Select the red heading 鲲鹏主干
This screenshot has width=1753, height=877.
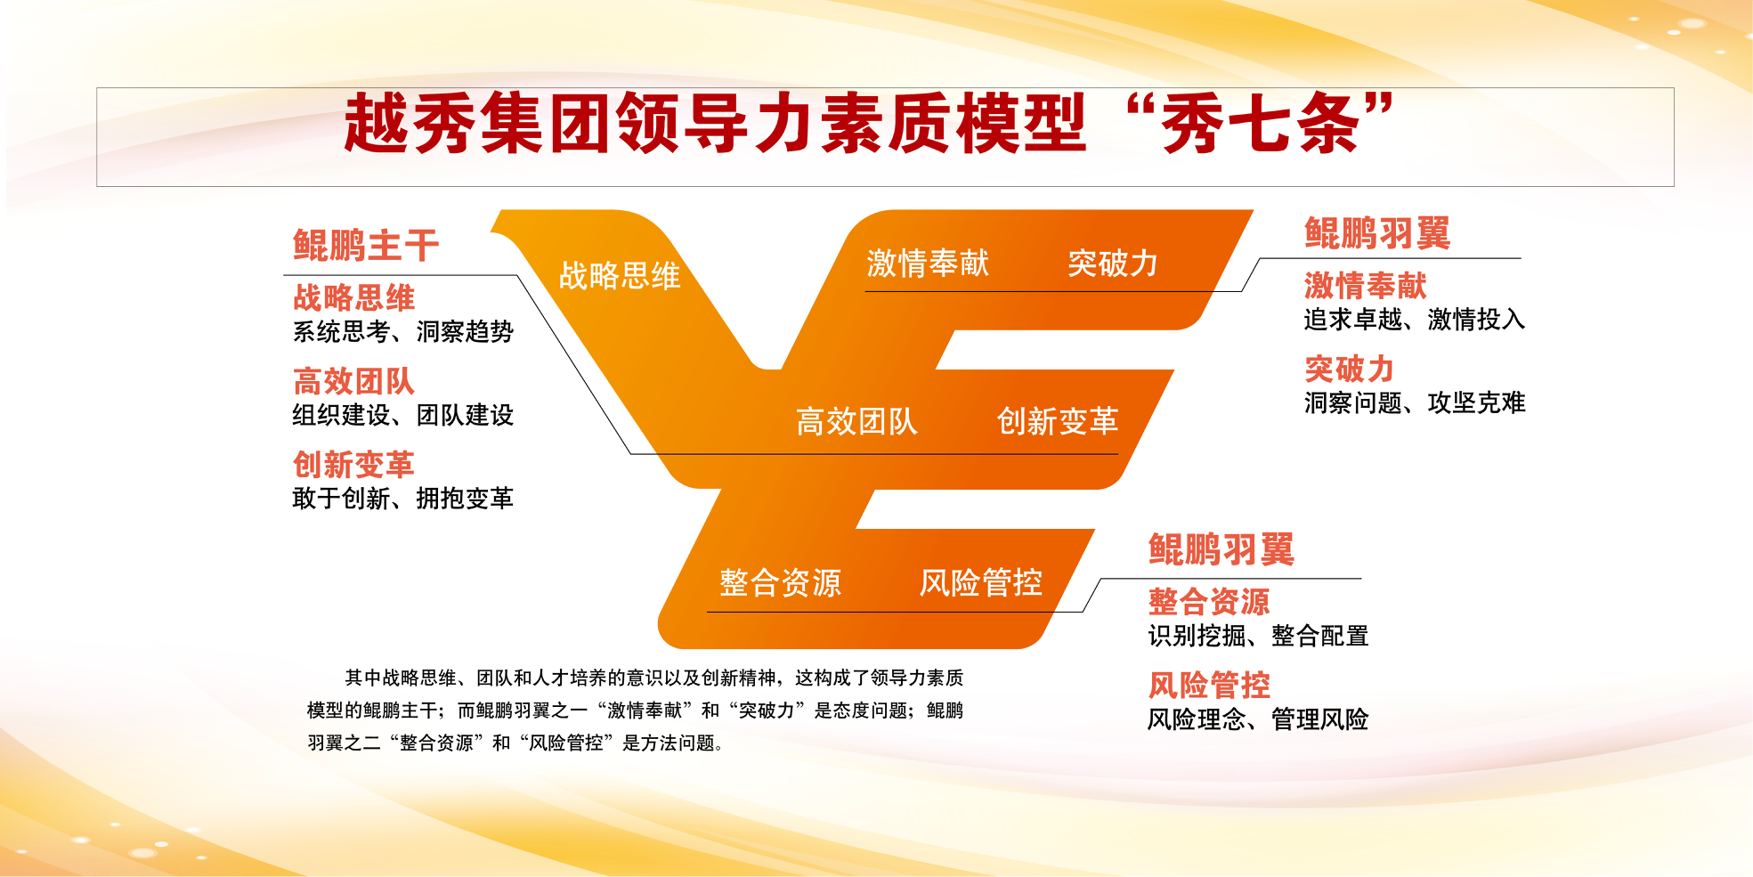point(366,246)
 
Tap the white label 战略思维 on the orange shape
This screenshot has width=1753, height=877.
point(620,276)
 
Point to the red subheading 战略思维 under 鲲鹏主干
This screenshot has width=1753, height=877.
point(354,297)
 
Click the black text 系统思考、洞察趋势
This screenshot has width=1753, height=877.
point(403,331)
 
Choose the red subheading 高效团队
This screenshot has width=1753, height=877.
point(354,381)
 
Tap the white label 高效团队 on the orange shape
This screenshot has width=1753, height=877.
point(856,421)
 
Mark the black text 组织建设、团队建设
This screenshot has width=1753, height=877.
point(403,415)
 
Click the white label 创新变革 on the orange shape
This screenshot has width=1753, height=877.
point(1058,421)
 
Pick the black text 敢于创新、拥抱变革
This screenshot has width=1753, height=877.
point(403,498)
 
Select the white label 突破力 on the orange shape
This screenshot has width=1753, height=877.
point(1113,264)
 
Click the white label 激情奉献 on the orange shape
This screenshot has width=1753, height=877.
point(928,264)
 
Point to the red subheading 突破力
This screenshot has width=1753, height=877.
point(1350,369)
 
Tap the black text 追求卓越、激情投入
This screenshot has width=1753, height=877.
point(1415,319)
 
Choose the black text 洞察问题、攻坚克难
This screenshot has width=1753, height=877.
point(1415,402)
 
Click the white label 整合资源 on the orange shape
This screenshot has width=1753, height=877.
point(780,583)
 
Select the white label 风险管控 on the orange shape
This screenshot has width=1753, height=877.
point(981,583)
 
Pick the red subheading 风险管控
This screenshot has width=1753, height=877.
point(1209,685)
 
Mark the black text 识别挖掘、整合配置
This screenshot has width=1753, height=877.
point(1258,636)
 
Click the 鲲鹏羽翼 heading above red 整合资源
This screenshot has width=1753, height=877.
point(1221,549)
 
